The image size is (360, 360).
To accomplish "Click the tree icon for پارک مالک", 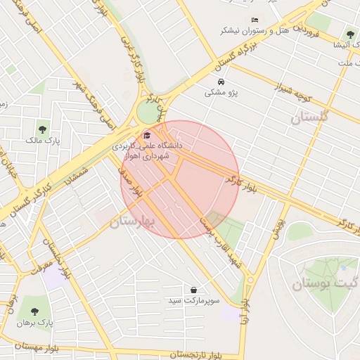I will [x=43, y=129].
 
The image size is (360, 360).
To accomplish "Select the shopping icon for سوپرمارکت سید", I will [x=193, y=290].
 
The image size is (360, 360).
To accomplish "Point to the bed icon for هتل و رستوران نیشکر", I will [x=255, y=20].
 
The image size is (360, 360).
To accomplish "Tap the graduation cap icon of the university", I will [x=147, y=136].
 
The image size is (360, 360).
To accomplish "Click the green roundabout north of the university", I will [x=148, y=111].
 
